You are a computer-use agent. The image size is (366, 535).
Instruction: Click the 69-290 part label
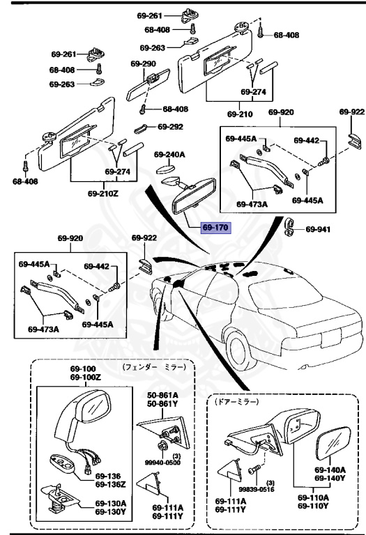pos(143,63)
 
